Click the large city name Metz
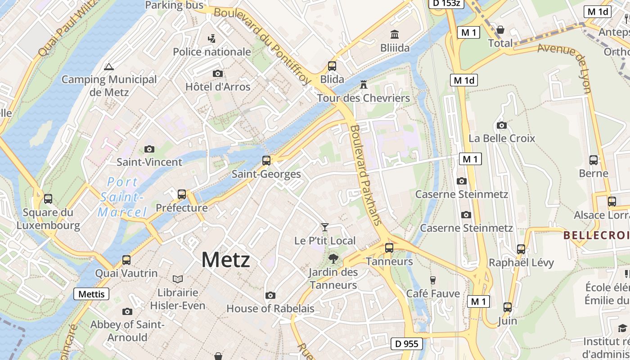point(225,260)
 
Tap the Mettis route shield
point(91,294)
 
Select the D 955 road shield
point(407,344)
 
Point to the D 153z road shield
point(445,3)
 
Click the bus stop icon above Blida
point(332,66)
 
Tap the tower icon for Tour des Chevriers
point(364,85)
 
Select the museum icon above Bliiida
point(395,34)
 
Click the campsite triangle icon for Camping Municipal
point(108,67)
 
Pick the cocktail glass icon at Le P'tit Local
point(325,227)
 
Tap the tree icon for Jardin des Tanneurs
point(333,259)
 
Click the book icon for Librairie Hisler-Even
point(178,279)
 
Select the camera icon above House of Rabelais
point(270,296)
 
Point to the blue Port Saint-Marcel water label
point(122,197)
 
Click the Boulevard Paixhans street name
point(365,175)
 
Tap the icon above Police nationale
point(211,39)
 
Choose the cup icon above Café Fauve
point(433,280)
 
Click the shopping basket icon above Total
point(500,30)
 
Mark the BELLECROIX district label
point(596,235)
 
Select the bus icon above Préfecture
point(182,194)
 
